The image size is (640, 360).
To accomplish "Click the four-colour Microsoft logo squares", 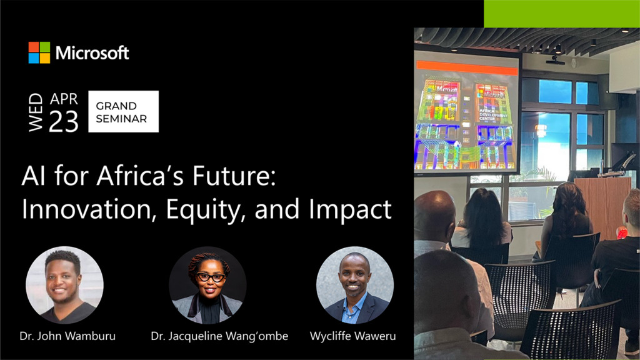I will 39,52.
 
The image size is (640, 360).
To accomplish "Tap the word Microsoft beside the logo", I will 92,53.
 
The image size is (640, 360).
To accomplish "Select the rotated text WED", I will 36,112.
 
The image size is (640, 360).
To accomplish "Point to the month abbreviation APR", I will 64,99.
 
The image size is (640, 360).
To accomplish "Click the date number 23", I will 64,122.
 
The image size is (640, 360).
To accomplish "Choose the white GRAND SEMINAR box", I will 123,112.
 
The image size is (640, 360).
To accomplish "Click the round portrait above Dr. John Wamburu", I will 64,284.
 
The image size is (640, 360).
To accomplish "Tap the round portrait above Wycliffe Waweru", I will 354,284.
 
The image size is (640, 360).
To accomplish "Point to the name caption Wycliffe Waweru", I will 352,336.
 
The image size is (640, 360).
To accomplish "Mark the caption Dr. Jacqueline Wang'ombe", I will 219,336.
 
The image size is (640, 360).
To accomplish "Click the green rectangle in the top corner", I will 561,13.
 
